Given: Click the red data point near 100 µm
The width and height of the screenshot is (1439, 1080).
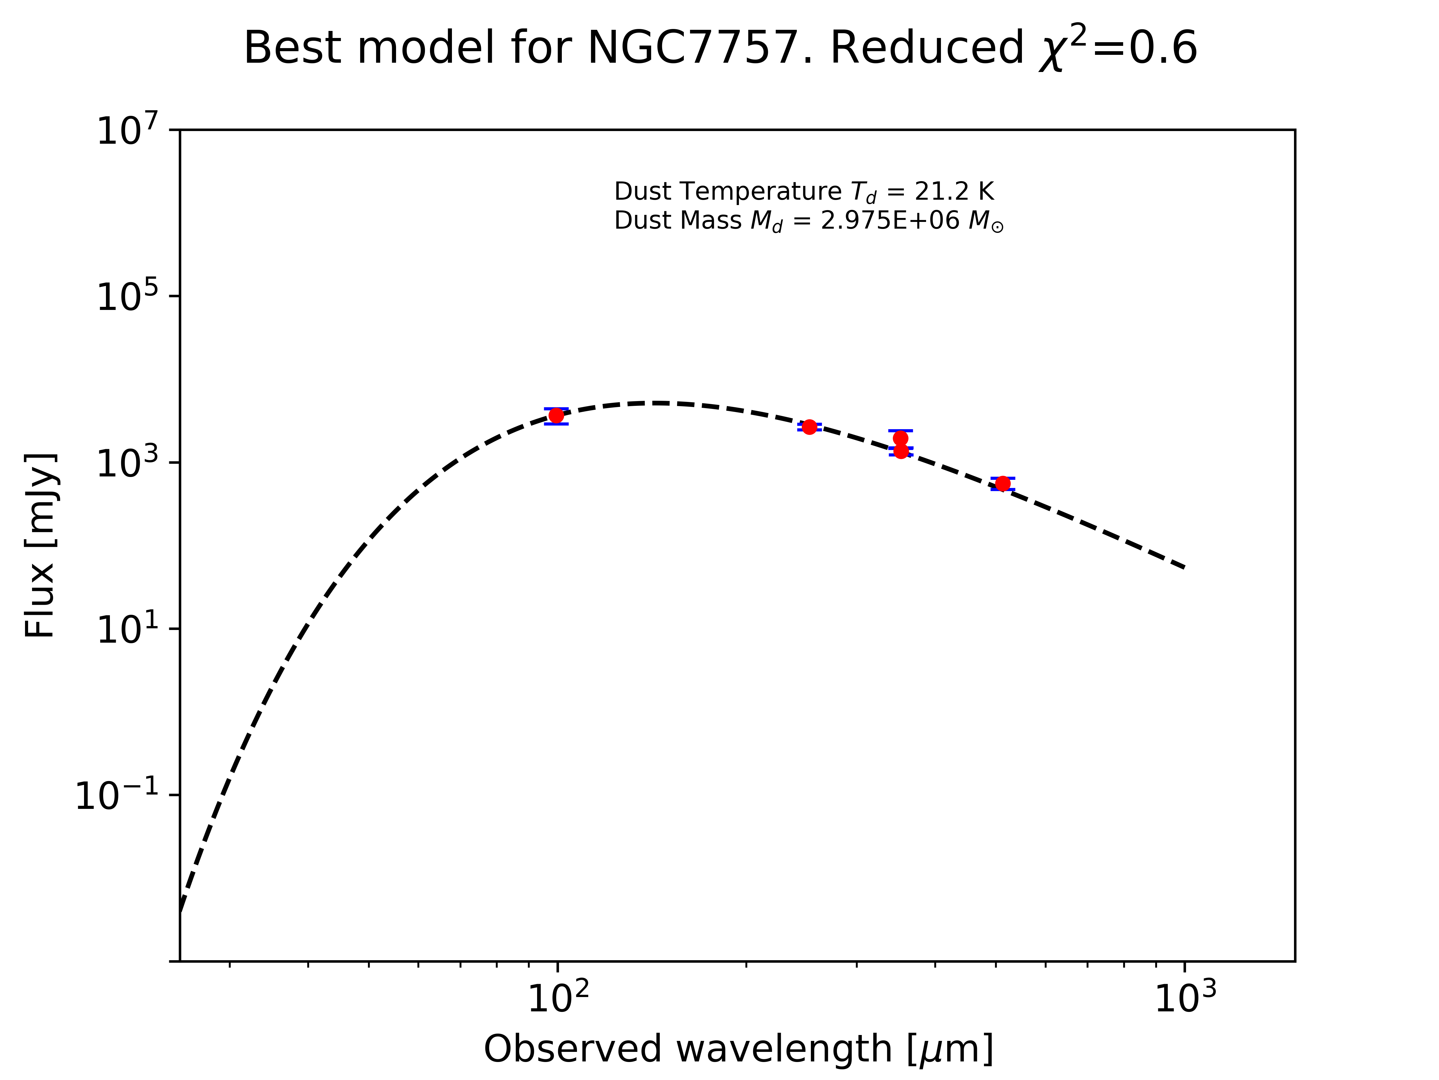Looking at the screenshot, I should click(556, 415).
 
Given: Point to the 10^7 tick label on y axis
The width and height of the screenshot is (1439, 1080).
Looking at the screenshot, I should click(127, 130).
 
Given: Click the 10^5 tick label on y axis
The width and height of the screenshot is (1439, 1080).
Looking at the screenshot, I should click(127, 297).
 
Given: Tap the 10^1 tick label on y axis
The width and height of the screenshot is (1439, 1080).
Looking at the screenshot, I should click(127, 629).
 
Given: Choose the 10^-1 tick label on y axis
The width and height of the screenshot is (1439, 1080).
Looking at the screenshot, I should click(117, 795).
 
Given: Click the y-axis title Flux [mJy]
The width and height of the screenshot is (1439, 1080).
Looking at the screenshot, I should click(40, 546).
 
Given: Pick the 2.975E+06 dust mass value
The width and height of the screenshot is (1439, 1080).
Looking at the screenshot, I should click(890, 221).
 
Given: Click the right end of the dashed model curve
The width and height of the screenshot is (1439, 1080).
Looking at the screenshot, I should click(1183, 567).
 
